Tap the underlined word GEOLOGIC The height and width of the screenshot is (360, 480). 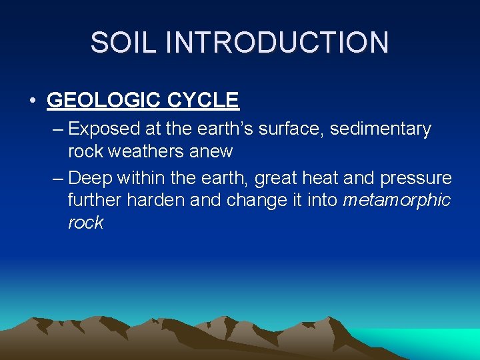click(x=104, y=101)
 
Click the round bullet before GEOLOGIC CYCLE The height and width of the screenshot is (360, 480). click(x=33, y=101)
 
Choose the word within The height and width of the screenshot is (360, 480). click(x=141, y=178)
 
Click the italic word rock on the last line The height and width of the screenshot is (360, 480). click(x=85, y=223)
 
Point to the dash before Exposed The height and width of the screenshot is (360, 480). click(x=56, y=129)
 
